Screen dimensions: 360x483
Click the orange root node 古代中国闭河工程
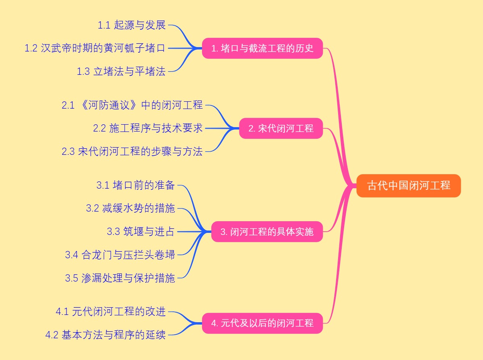click(x=409, y=186)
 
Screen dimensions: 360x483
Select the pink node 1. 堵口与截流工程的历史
click(x=262, y=48)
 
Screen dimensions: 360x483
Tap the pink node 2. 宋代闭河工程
click(x=281, y=128)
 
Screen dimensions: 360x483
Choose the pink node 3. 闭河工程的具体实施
click(x=267, y=232)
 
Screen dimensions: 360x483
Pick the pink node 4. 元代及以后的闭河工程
click(x=262, y=323)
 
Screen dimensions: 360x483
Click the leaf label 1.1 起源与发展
click(x=132, y=25)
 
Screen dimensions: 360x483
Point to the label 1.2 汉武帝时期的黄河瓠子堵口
click(x=95, y=48)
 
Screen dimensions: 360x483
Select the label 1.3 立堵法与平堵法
click(x=121, y=72)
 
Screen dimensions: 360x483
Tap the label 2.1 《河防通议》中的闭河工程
click(x=132, y=105)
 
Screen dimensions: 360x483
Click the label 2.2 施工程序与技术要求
click(x=148, y=128)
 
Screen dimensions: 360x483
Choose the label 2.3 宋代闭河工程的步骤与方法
click(x=132, y=152)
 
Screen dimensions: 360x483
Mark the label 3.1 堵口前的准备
click(x=136, y=185)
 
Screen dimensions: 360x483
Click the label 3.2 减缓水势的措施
click(x=130, y=208)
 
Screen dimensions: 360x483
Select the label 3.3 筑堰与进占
click(x=141, y=231)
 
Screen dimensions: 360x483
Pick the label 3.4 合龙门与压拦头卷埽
click(x=120, y=255)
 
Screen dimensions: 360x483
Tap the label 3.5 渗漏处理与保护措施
click(x=120, y=278)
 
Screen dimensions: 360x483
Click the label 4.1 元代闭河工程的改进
click(x=111, y=311)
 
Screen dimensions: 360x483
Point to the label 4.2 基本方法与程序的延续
click(x=105, y=335)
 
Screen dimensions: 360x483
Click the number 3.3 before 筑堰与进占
click(x=114, y=231)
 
